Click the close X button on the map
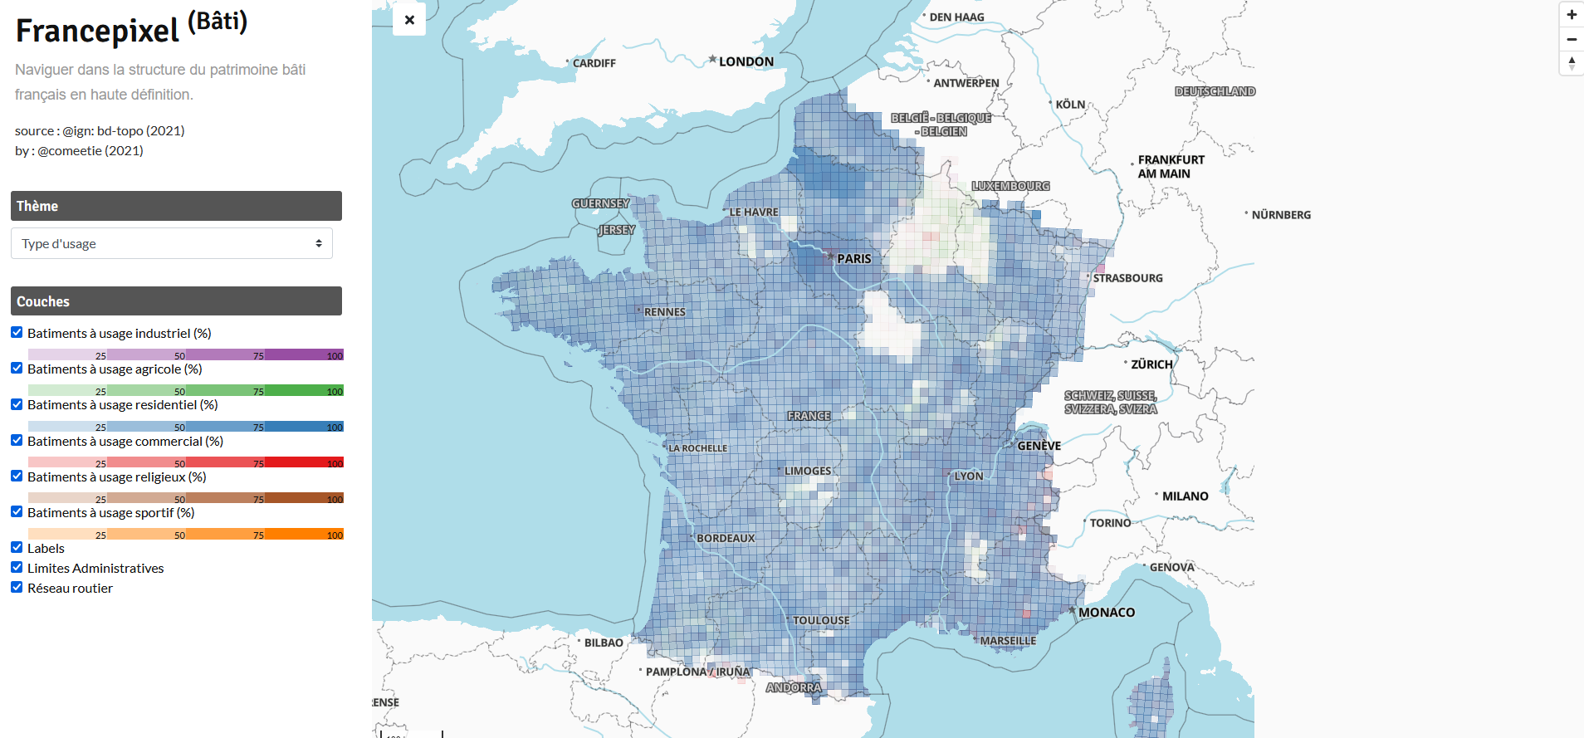point(409,20)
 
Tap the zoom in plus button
point(1571,15)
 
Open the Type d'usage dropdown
point(172,243)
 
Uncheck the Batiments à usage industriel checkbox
point(17,332)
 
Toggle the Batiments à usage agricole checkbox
point(17,368)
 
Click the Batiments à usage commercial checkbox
point(17,440)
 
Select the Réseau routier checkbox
point(17,587)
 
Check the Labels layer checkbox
point(17,547)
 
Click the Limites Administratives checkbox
point(17,567)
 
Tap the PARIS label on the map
point(853,259)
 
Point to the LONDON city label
point(746,61)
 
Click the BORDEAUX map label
point(726,538)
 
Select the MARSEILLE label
point(1008,641)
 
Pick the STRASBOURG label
point(1127,278)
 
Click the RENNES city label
point(664,312)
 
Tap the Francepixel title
point(97,31)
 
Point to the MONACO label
point(1106,613)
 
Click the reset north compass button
point(1571,63)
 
